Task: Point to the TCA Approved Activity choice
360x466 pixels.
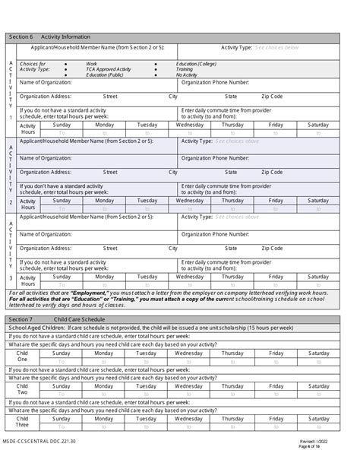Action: [x=108, y=69]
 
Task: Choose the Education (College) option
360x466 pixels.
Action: [x=196, y=63]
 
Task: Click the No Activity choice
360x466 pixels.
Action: [x=187, y=75]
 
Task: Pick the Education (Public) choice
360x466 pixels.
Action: [x=106, y=75]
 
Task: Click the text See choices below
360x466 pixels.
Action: [x=276, y=47]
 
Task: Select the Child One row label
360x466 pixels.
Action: [x=22, y=357]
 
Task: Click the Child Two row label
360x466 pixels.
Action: [x=22, y=390]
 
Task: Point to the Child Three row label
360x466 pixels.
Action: [x=22, y=422]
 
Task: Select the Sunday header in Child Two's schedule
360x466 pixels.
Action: [x=62, y=385]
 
